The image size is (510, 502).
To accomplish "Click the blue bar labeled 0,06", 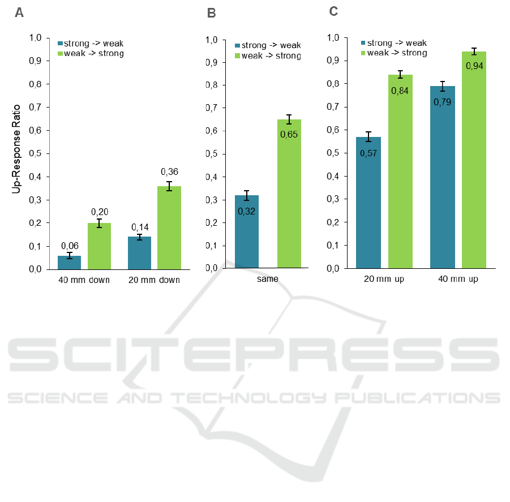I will [69, 263].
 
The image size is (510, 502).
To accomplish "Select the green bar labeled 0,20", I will [99, 246].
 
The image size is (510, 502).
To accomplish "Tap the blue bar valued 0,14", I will [139, 253].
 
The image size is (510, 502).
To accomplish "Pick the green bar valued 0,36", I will [169, 228].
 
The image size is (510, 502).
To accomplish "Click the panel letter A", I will [19, 13].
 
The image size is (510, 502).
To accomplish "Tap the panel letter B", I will [212, 13].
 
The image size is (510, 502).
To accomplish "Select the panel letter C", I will [333, 11].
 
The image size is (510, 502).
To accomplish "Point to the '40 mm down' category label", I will [84, 280].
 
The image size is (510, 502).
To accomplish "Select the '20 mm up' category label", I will [384, 280].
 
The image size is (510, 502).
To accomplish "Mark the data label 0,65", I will [289, 134].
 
